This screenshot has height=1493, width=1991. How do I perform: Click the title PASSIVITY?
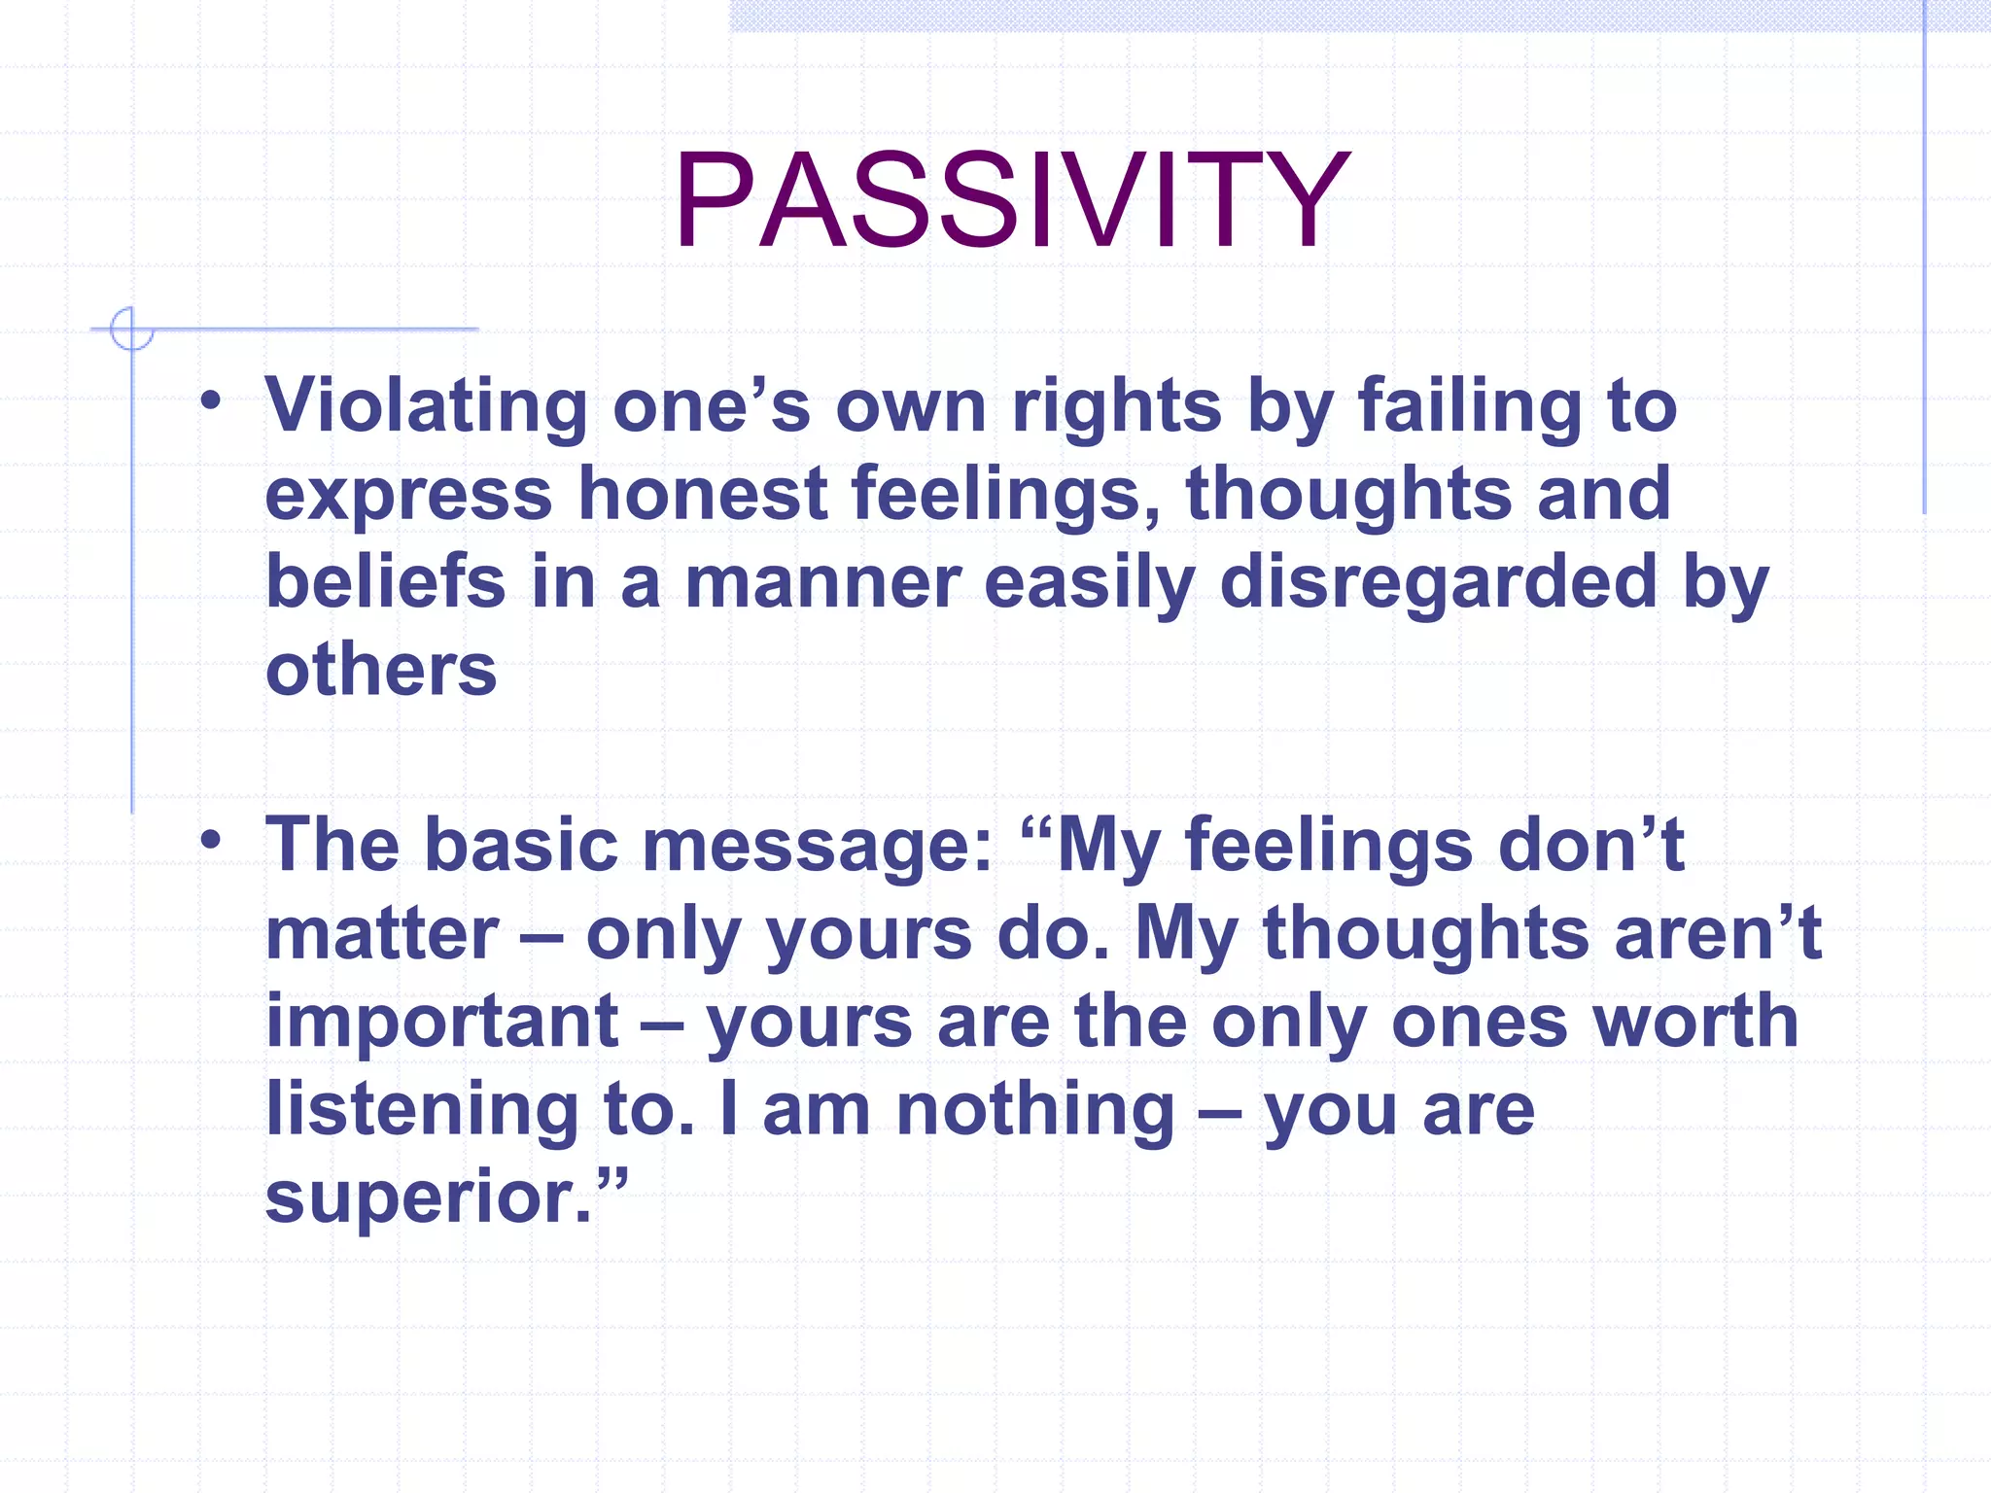coord(1011,201)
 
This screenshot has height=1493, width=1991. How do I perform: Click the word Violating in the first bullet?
coord(426,405)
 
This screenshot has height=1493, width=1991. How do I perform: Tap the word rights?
coord(1116,405)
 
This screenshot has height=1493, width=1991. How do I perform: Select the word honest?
coord(702,493)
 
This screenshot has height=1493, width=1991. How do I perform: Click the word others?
coord(381,670)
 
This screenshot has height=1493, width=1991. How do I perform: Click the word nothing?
coord(1035,1109)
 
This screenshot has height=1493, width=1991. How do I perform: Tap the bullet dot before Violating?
coord(211,399)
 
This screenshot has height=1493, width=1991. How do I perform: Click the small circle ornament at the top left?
coord(131,329)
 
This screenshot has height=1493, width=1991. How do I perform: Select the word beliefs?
coord(385,581)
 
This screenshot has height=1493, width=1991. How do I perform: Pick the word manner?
coord(822,581)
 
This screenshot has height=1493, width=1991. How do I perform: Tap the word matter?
coord(382,933)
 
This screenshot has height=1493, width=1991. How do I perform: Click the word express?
coord(408,493)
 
